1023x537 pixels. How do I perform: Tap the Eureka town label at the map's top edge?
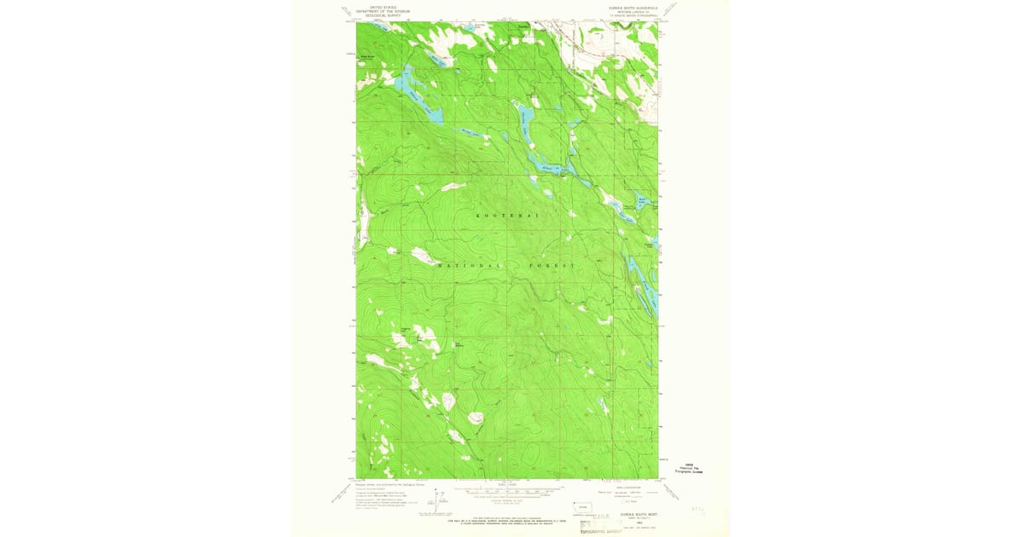click(x=523, y=26)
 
